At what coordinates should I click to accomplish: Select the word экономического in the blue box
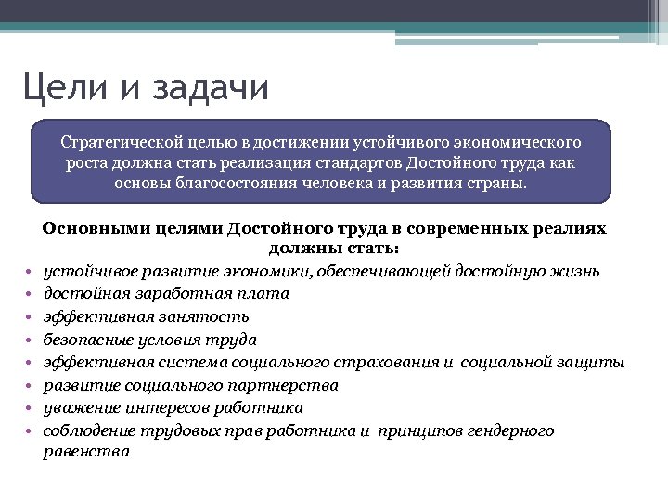point(519,142)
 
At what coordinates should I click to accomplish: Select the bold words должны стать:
point(334,249)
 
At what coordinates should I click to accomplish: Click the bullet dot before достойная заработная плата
point(30,294)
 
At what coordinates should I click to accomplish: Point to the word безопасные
point(88,340)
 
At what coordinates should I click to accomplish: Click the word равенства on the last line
point(86,452)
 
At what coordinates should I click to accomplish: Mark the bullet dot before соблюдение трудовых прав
point(30,431)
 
